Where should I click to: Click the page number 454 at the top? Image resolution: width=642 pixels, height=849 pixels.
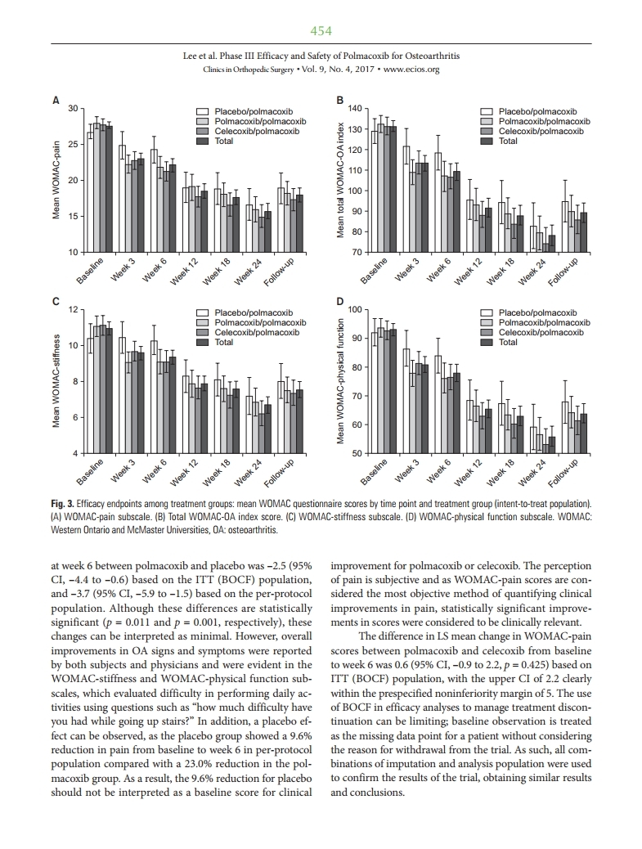(x=321, y=31)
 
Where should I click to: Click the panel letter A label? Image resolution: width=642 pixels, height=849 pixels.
(x=56, y=101)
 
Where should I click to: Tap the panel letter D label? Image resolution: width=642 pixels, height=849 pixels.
(x=341, y=302)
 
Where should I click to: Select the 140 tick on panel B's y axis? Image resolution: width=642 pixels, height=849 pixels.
(x=354, y=109)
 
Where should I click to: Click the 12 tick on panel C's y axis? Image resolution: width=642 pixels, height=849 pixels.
(x=71, y=310)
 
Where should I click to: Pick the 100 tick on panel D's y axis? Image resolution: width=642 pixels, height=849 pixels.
(x=354, y=310)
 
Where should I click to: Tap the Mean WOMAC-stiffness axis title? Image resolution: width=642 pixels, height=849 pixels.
(x=56, y=380)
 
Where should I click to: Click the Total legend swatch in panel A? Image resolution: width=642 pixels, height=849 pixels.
(x=202, y=141)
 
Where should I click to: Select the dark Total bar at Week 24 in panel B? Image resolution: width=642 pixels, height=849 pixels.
(x=552, y=243)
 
